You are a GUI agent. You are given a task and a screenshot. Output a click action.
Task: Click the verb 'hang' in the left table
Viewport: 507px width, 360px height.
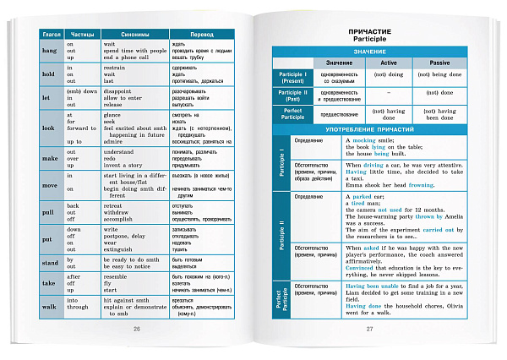(48, 51)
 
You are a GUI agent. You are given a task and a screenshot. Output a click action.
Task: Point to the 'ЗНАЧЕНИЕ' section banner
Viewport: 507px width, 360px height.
(370, 52)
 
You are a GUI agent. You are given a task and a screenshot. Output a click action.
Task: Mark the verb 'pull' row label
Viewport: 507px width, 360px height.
(48, 210)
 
